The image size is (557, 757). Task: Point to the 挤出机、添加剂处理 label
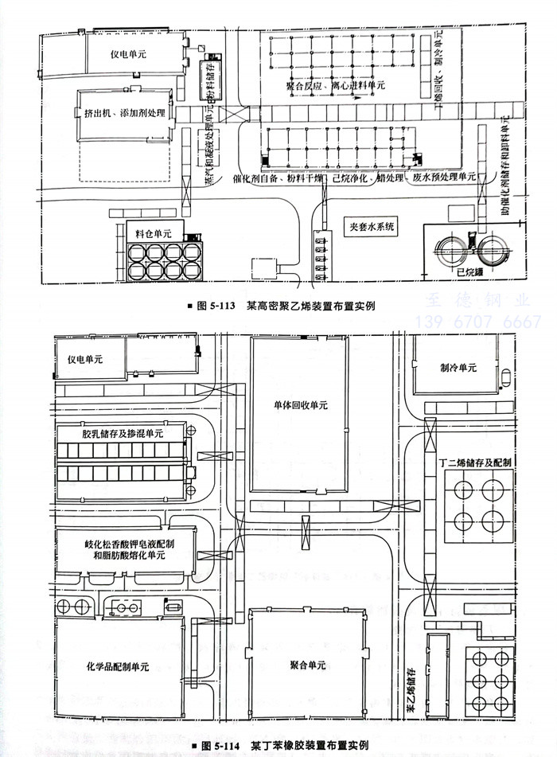point(125,114)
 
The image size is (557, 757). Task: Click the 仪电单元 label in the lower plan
point(85,360)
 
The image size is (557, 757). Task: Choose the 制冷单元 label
point(458,368)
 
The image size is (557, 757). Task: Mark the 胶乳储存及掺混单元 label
point(122,434)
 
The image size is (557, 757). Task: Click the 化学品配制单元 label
point(117,666)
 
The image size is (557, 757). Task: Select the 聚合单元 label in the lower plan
point(305,663)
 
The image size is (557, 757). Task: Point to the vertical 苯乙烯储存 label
point(411,689)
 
